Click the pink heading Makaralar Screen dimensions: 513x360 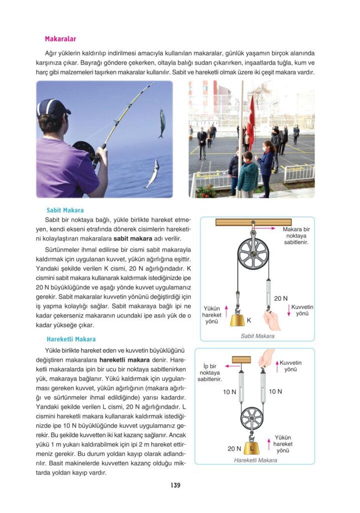pyautogui.click(x=60, y=39)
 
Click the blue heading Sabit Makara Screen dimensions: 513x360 pyautogui.click(x=65, y=210)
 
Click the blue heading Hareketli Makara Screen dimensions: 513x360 pyautogui.click(x=71, y=339)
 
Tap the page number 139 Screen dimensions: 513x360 pyautogui.click(x=175, y=485)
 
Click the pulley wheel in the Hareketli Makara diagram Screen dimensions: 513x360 pyautogui.click(x=252, y=418)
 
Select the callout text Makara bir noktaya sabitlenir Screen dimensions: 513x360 pyautogui.click(x=296, y=235)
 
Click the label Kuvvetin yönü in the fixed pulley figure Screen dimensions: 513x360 pyautogui.click(x=302, y=310)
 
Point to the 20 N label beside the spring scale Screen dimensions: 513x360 pyautogui.click(x=281, y=299)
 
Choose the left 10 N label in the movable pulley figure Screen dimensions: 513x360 pyautogui.click(x=229, y=392)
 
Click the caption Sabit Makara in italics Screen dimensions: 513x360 pyautogui.click(x=257, y=336)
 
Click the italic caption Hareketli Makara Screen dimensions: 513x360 pyautogui.click(x=255, y=460)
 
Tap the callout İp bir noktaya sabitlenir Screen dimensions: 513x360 pyautogui.click(x=210, y=373)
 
